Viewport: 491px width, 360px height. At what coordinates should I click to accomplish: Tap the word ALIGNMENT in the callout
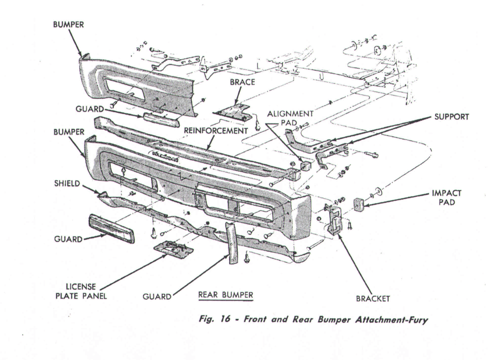point(291,114)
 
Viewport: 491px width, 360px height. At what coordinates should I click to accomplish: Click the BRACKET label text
point(373,298)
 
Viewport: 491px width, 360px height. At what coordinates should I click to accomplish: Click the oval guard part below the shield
point(111,229)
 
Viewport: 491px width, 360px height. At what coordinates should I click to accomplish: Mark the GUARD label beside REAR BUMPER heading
point(156,297)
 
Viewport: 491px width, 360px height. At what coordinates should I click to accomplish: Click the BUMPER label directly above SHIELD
point(68,131)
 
